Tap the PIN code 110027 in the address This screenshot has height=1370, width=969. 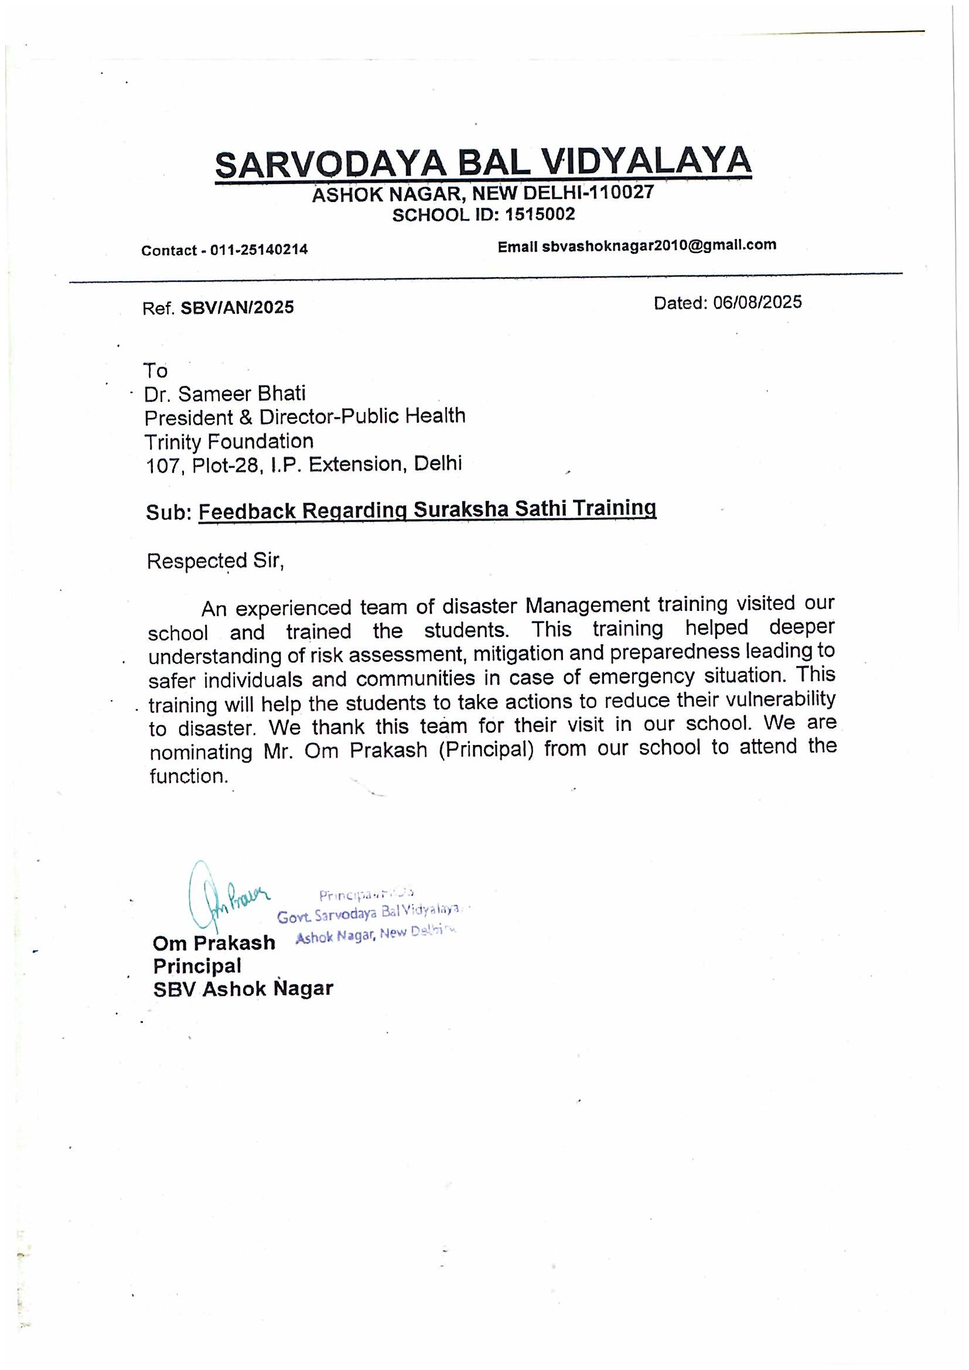click(622, 192)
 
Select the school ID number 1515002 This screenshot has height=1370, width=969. click(540, 214)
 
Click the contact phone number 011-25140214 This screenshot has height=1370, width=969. click(258, 250)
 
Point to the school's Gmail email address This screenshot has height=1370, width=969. click(659, 245)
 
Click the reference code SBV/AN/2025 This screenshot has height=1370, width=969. click(237, 308)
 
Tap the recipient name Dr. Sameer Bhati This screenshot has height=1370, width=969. click(225, 394)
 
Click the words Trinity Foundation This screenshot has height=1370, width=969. click(228, 442)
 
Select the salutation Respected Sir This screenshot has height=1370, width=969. click(215, 562)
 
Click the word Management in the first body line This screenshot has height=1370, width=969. click(587, 606)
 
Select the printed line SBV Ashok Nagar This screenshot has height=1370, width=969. click(243, 989)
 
